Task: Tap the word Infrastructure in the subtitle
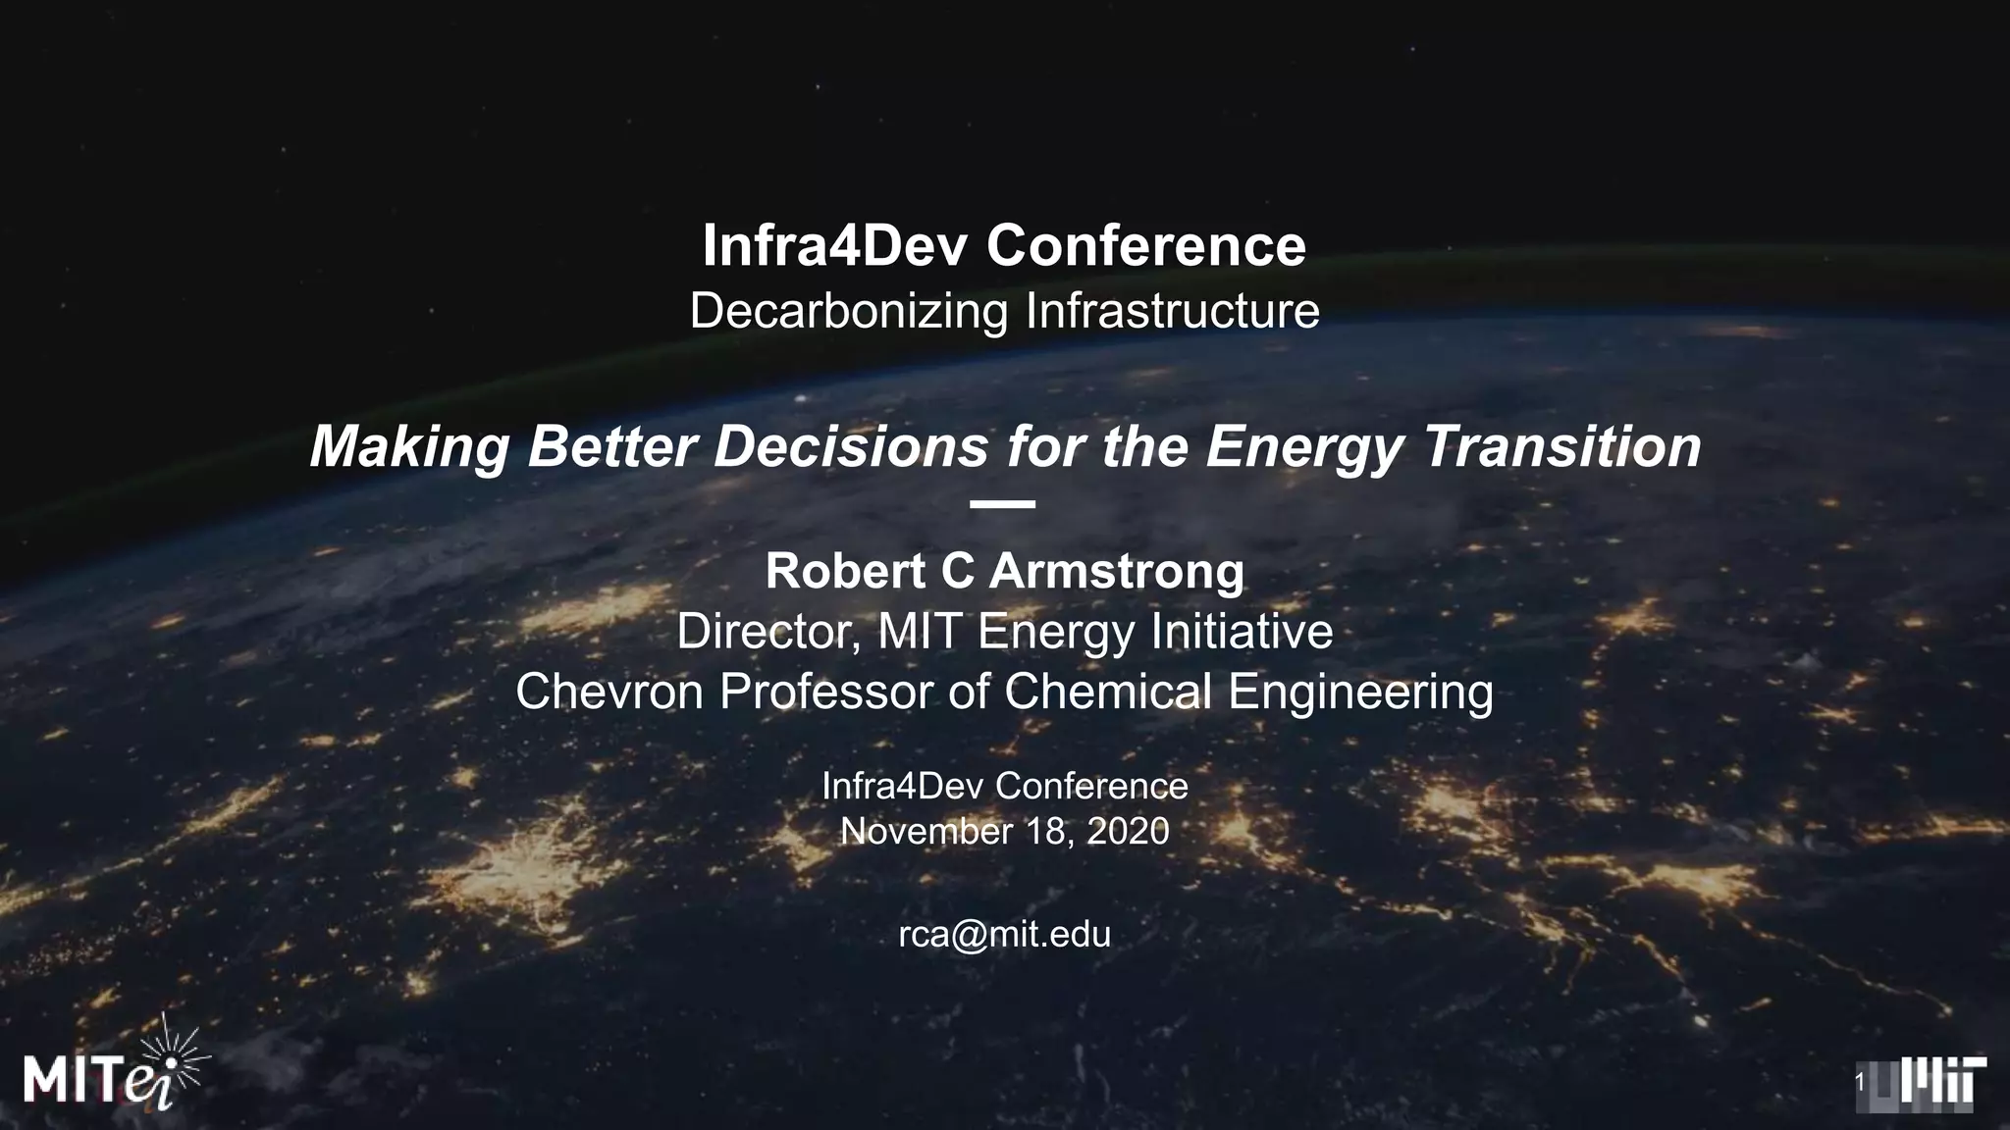1172,311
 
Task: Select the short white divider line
1002,504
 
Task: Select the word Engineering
1360,692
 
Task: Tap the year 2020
1128,832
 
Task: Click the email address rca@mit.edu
1004,934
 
